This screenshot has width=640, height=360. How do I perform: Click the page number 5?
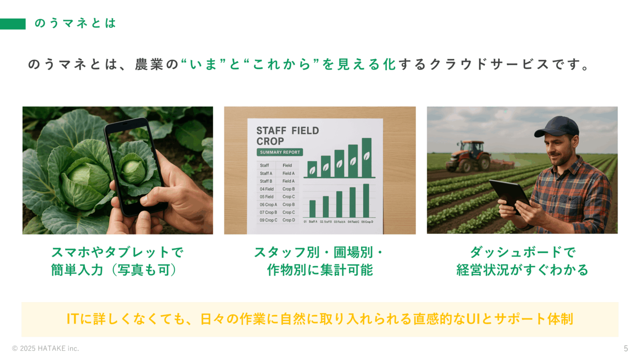point(626,348)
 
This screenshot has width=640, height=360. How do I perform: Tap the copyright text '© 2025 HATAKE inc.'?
point(46,348)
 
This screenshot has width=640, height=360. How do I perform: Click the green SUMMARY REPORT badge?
point(280,152)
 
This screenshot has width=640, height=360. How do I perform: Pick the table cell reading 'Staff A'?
point(266,173)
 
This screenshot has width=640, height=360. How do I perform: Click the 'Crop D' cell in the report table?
point(288,220)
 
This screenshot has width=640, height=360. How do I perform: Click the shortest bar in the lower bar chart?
point(312,208)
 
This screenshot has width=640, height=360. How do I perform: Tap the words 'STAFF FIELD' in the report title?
point(288,131)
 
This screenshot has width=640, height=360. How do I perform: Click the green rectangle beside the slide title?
point(13,24)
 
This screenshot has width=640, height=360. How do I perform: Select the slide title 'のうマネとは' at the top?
point(75,23)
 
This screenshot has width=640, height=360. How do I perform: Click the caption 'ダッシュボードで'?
point(522,252)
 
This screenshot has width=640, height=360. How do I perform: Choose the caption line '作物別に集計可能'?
point(320,270)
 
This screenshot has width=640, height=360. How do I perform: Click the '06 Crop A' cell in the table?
point(268,204)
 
